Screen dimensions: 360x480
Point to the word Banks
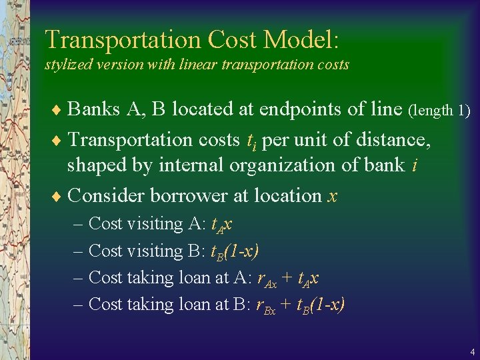coord(93,109)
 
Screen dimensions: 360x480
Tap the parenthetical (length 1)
coord(439,110)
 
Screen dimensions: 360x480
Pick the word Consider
coord(107,195)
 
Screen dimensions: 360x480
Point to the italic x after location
coord(333,197)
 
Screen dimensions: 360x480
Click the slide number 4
coord(472,351)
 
